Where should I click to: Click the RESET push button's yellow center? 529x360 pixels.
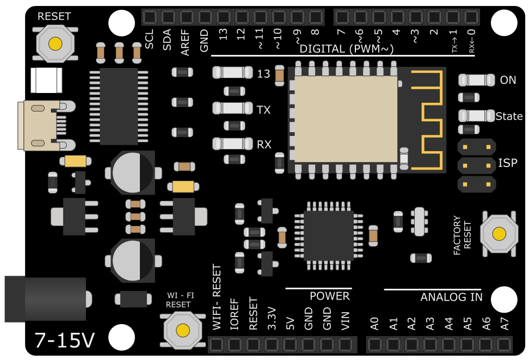[54, 43]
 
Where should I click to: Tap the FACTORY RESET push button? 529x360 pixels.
[499, 234]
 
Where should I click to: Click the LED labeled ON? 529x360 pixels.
[477, 80]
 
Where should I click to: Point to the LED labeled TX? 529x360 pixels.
[232, 108]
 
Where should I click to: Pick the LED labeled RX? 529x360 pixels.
[232, 144]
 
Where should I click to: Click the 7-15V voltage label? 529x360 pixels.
[64, 340]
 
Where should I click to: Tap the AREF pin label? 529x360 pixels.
[186, 42]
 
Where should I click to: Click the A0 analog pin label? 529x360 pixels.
[374, 324]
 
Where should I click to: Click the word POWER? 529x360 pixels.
[329, 296]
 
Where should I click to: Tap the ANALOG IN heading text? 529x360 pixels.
[451, 297]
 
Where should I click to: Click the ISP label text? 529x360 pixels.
[508, 163]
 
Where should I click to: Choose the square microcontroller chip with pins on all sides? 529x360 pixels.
[328, 235]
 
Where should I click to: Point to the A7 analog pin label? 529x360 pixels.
[505, 324]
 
